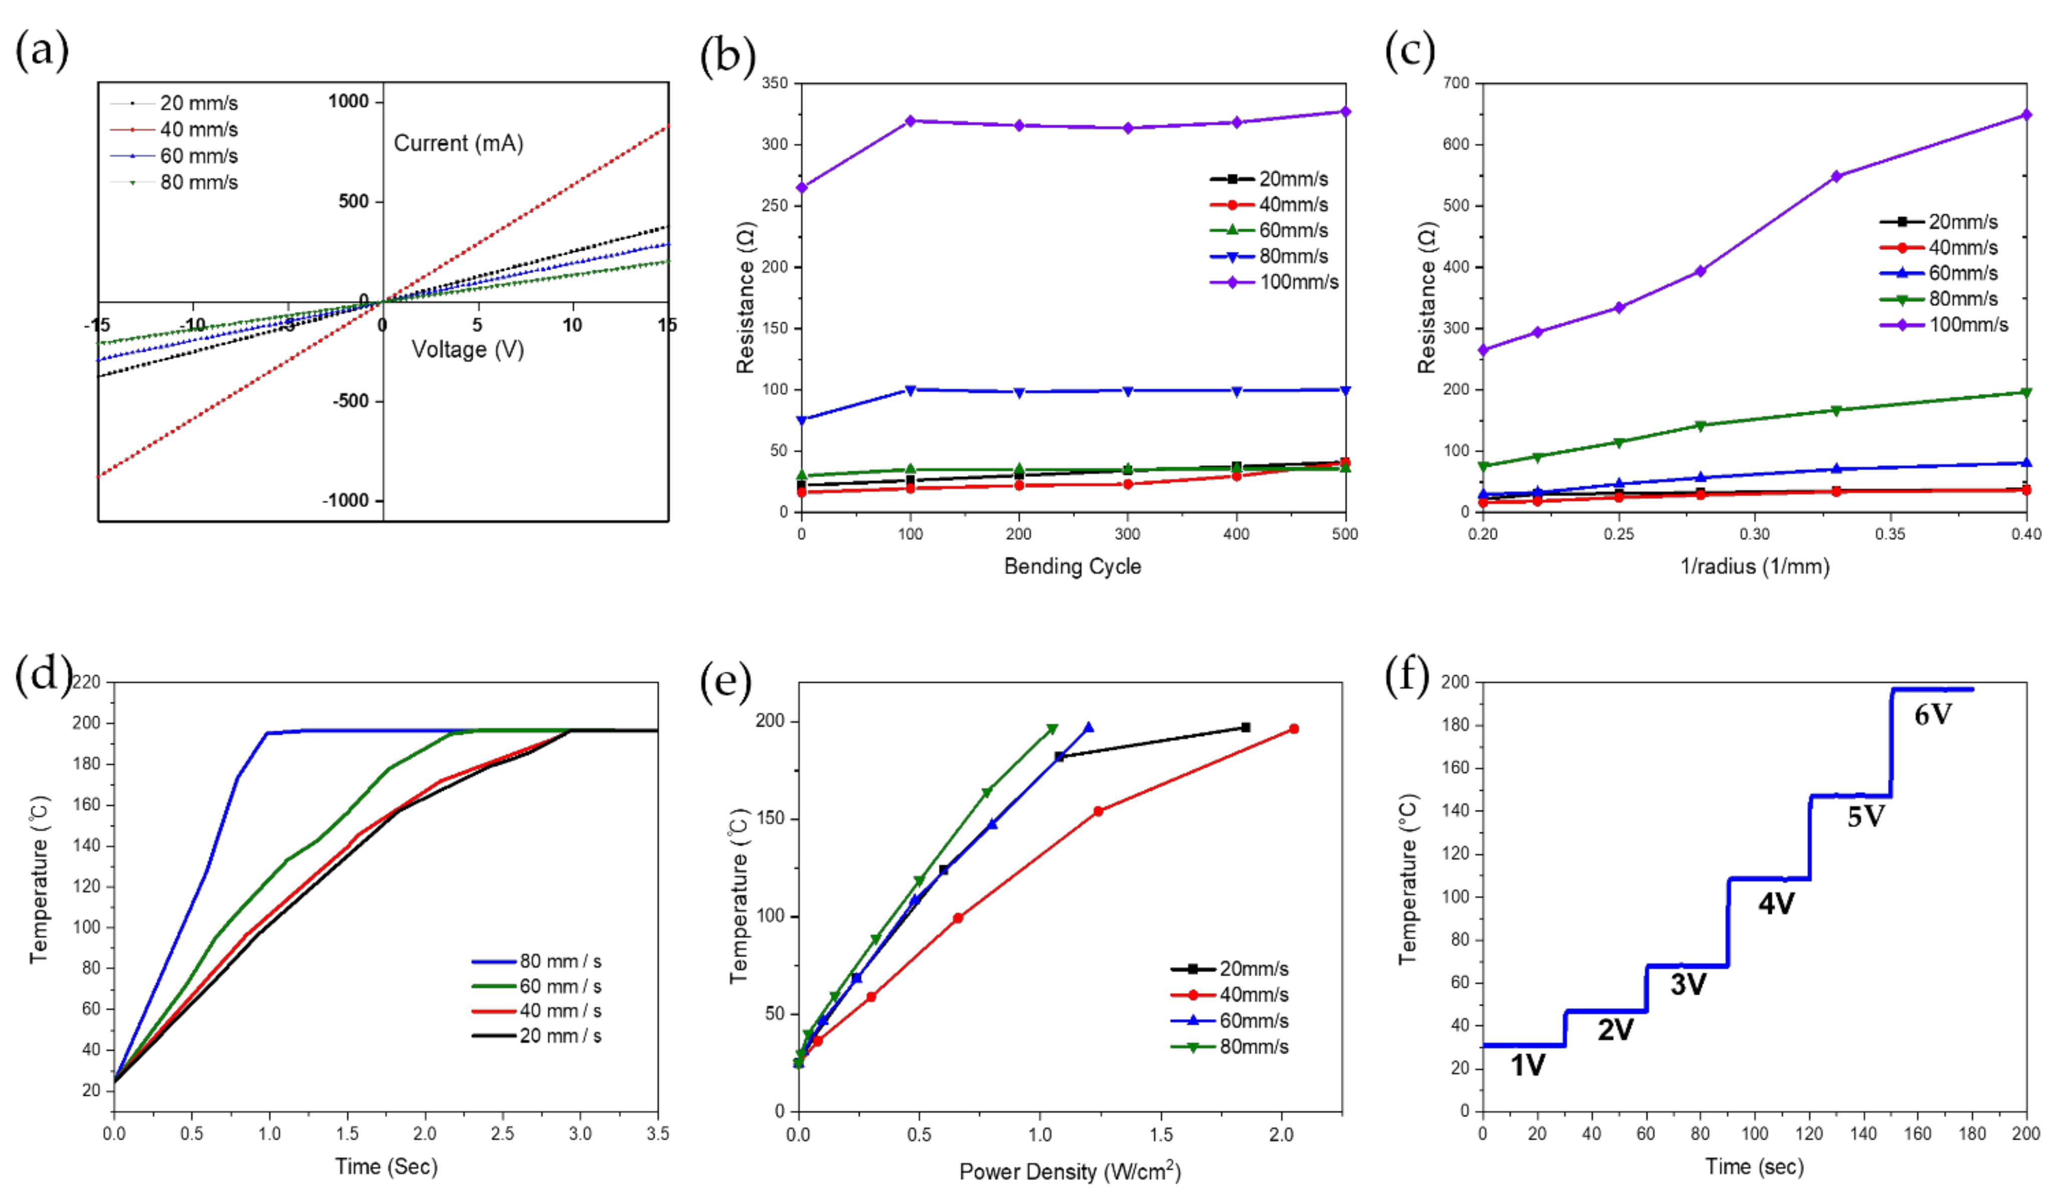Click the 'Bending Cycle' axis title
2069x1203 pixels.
click(x=1072, y=566)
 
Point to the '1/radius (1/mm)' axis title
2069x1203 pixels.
click(x=1755, y=566)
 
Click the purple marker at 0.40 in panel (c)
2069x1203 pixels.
click(x=2026, y=115)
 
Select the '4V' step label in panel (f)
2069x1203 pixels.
click(x=1776, y=904)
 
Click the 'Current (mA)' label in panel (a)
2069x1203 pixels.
click(x=458, y=143)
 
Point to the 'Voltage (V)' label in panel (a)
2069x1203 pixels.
click(x=467, y=350)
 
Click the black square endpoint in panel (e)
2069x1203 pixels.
click(x=1246, y=727)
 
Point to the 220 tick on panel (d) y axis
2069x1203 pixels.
click(x=86, y=682)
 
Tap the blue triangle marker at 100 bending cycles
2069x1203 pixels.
click(x=910, y=390)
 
